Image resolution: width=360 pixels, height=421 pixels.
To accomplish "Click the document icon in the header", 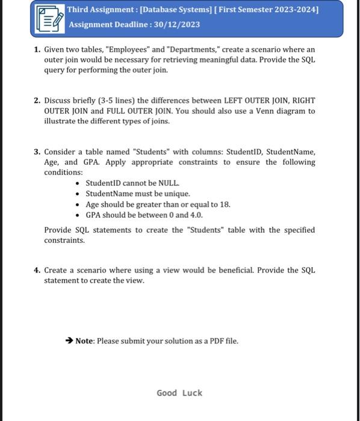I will (x=49, y=17).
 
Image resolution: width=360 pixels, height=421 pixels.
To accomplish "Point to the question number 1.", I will (x=37, y=49).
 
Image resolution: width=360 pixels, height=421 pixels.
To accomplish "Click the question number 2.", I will (x=37, y=100).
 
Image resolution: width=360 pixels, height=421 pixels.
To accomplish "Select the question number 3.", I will (x=37, y=152).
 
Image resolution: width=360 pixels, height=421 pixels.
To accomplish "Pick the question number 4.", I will (x=37, y=270).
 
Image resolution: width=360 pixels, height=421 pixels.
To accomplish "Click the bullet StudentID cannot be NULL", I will (x=132, y=183).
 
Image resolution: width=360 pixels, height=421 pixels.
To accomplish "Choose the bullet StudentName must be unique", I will (x=138, y=194).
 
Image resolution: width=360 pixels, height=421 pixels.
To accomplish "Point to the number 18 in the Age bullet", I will (x=225, y=204).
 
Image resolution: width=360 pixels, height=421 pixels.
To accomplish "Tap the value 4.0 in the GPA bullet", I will (x=196, y=215).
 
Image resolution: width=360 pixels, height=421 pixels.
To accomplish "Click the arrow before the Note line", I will (x=69, y=341).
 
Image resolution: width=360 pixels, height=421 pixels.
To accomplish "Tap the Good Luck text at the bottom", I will (x=179, y=393).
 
